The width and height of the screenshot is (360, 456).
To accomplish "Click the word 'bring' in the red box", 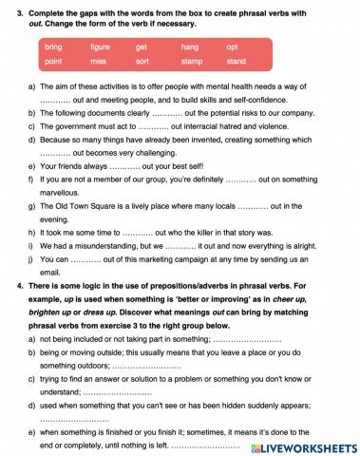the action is coord(53,46).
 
